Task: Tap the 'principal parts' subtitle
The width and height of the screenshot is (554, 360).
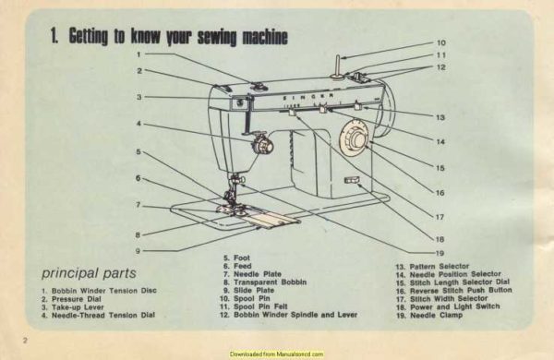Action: click(90, 273)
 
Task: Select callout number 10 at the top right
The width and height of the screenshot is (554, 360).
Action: click(440, 42)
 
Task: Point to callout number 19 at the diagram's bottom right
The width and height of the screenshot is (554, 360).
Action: click(440, 253)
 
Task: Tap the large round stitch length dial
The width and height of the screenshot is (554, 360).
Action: click(352, 141)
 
